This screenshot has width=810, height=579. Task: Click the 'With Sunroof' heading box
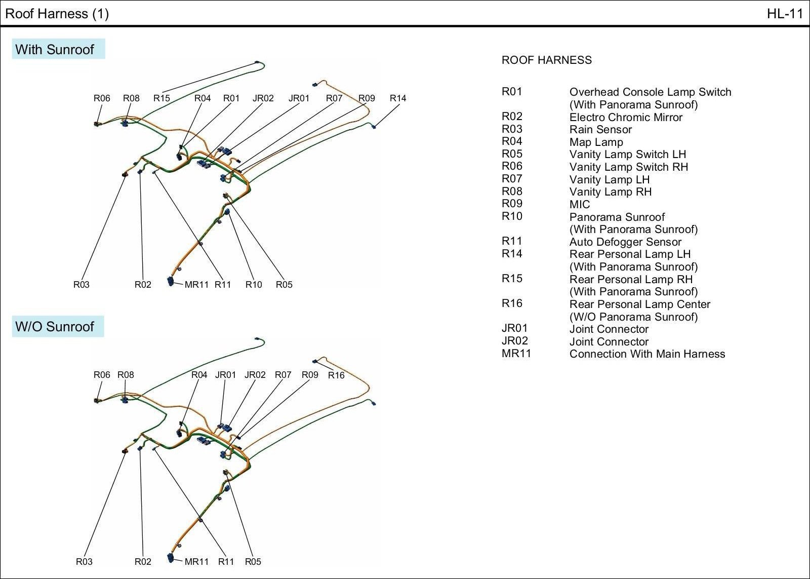(58, 49)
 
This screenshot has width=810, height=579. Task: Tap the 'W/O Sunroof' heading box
(58, 326)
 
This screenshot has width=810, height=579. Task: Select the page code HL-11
(785, 14)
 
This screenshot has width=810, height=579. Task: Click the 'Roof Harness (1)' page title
(57, 14)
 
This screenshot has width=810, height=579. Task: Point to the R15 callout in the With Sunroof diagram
(161, 98)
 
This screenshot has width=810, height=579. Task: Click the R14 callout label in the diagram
(398, 98)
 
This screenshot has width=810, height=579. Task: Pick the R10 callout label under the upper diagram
(254, 285)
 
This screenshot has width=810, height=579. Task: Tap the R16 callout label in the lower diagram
(336, 375)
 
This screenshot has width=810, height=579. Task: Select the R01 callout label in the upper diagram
(231, 98)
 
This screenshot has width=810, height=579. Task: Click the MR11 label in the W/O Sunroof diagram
(196, 561)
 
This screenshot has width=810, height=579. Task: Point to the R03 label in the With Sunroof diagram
(81, 285)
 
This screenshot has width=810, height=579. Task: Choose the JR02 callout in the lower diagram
(255, 375)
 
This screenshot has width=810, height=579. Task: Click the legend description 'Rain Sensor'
(600, 130)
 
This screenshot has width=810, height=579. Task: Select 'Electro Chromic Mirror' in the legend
(626, 118)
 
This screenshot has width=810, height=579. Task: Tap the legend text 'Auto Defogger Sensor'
(625, 242)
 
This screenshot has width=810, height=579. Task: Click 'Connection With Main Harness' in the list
(647, 354)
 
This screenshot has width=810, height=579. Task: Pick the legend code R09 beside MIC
(512, 204)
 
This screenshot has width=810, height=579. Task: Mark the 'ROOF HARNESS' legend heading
(546, 60)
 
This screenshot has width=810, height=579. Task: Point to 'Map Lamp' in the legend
(596, 142)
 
